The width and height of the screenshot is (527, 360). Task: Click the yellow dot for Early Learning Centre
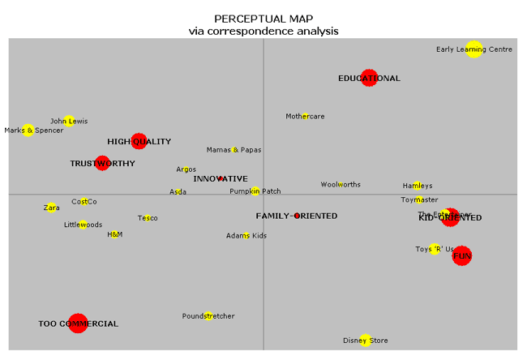[474, 49]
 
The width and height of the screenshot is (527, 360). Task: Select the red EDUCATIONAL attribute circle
[369, 78]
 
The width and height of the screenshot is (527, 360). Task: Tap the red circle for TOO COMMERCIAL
[78, 324]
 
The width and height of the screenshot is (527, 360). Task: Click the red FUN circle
[461, 256]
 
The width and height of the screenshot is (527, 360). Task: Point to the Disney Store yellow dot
[366, 341]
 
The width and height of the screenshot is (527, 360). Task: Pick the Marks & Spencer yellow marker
[28, 130]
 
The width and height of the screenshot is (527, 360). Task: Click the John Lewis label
[69, 122]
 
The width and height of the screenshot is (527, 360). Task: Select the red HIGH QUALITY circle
[139, 141]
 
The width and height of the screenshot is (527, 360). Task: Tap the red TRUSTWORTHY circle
[101, 163]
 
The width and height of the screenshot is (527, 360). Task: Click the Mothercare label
[305, 117]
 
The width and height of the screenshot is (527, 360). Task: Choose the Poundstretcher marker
[209, 316]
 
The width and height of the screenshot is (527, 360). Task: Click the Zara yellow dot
[51, 208]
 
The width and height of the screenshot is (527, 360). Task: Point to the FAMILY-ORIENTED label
[297, 216]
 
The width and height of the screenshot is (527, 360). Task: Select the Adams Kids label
[246, 236]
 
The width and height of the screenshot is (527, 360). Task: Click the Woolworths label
[341, 185]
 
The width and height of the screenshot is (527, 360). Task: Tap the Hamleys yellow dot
[417, 186]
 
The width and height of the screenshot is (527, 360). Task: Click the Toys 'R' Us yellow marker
[435, 249]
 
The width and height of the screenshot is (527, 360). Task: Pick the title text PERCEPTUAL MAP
[263, 18]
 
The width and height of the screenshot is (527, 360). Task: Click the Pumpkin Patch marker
[255, 191]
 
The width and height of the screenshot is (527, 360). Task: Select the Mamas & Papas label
[234, 150]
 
